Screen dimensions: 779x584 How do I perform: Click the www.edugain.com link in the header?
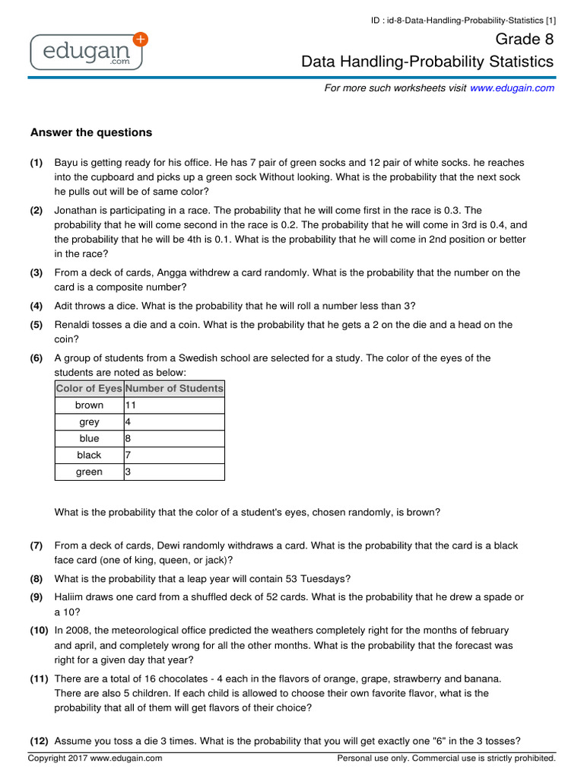[512, 88]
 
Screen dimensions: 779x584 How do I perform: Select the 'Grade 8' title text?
[525, 40]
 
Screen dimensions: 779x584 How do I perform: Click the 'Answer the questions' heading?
[91, 132]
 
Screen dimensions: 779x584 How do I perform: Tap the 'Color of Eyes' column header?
[89, 389]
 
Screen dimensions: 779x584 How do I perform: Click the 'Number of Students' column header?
[174, 389]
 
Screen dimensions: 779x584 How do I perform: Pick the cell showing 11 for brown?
[173, 405]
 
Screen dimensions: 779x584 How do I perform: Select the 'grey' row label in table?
[89, 422]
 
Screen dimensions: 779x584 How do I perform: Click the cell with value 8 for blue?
[173, 439]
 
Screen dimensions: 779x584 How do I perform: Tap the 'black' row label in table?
[89, 456]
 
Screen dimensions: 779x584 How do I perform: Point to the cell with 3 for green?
[173, 472]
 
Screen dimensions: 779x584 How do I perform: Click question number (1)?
[36, 164]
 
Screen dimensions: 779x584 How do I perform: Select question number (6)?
[36, 358]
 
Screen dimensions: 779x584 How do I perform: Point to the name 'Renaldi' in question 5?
[74, 325]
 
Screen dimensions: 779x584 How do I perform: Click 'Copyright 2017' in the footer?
[59, 758]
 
